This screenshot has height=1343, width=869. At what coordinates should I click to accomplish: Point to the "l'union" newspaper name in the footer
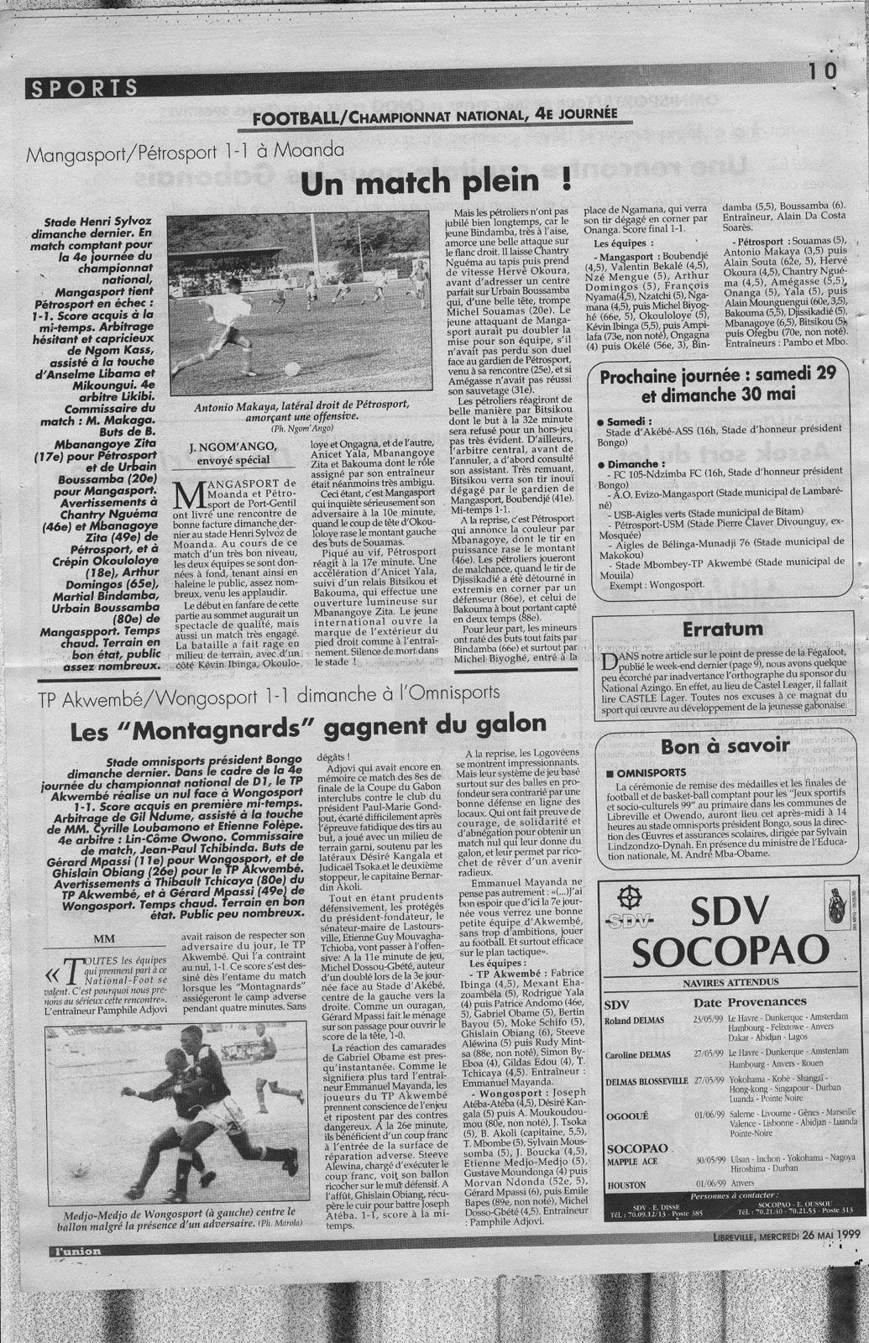[x=74, y=1252]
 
